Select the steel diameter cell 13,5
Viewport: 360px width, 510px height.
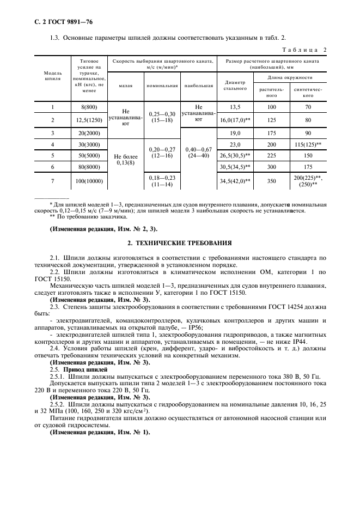[x=235, y=107]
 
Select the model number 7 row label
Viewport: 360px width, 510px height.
[x=52, y=180]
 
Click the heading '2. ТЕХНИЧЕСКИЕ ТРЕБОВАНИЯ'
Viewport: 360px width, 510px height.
[x=179, y=242]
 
